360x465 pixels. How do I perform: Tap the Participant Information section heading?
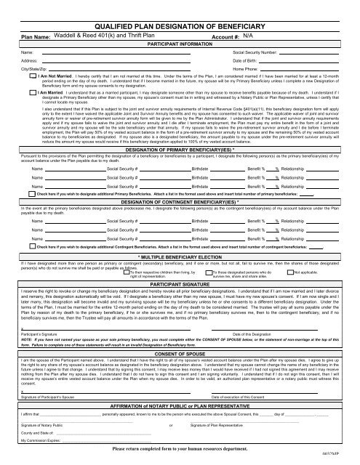click(x=179, y=44)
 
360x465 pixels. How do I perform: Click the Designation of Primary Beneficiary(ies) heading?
click(x=179, y=150)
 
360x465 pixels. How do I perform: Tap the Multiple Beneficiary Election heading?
click(x=179, y=256)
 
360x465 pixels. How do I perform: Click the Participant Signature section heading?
click(x=179, y=282)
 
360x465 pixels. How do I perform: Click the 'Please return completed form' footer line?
click(x=179, y=450)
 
